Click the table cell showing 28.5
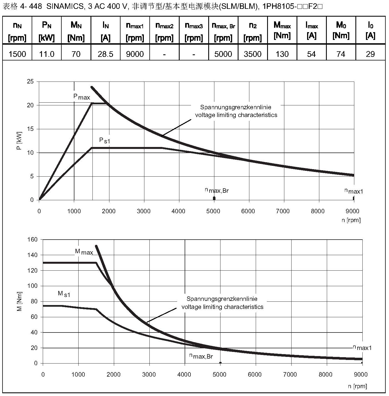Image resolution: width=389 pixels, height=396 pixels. [106, 54]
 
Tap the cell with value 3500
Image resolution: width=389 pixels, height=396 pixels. [253, 54]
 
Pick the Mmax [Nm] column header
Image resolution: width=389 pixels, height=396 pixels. [282, 31]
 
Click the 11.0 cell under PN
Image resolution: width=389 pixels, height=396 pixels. [47, 54]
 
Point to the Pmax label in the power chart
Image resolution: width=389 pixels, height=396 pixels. [82, 97]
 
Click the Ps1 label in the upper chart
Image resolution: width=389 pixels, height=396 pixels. [105, 141]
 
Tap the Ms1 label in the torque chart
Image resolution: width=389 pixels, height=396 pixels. [64, 294]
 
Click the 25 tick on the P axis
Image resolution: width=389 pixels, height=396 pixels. [30, 82]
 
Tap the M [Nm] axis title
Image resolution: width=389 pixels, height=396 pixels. [19, 301]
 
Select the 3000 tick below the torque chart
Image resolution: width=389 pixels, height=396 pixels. [149, 375]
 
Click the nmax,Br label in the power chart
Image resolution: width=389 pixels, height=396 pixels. [217, 190]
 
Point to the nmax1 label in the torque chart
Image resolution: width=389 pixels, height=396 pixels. [362, 347]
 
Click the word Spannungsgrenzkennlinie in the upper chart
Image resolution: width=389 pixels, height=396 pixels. [236, 107]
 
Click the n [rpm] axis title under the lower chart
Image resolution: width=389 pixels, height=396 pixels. [358, 386]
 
